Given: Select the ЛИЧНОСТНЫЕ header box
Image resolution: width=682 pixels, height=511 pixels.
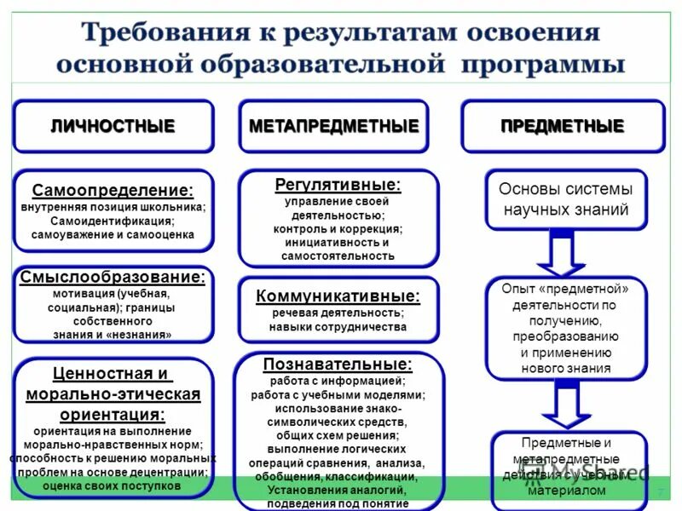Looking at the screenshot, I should pos(113,127).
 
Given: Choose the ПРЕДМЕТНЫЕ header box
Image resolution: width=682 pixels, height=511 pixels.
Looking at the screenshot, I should pos(562,127).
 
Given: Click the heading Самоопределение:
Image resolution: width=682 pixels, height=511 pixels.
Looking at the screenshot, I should pos(113,191).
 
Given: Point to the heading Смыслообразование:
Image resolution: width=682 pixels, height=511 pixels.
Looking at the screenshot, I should pos(113,277).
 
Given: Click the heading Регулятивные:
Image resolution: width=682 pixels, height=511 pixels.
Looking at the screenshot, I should pos(338,184).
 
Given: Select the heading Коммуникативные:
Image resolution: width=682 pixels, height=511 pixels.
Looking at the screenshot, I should pos(338,296).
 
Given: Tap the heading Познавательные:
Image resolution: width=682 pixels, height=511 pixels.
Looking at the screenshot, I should pos(338,364).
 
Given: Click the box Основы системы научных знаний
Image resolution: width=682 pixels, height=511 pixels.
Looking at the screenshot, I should pos(565,199).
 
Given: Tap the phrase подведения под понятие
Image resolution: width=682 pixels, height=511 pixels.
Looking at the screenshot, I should pos(338,503).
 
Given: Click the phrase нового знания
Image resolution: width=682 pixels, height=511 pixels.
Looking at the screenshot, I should pos(565,368).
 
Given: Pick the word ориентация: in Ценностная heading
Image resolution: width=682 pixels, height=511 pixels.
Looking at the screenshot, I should pos(113,415).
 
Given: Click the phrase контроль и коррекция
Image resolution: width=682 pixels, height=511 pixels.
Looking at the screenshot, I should pos(338,228).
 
